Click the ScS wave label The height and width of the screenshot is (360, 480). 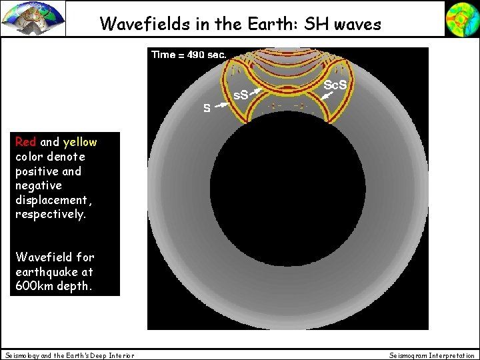point(335,85)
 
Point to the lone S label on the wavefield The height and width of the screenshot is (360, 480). point(207,108)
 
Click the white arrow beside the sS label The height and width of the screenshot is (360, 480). point(254,93)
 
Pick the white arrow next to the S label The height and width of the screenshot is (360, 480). point(221,103)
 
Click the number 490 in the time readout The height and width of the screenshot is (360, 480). point(195,55)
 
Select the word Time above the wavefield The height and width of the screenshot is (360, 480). point(163,55)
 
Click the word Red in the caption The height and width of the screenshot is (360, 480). point(26,142)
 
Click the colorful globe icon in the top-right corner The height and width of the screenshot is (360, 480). point(461,18)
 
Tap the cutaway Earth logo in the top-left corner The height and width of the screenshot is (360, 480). point(33,18)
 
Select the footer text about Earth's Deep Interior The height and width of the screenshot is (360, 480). point(69,355)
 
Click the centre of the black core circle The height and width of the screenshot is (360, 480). point(287,191)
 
